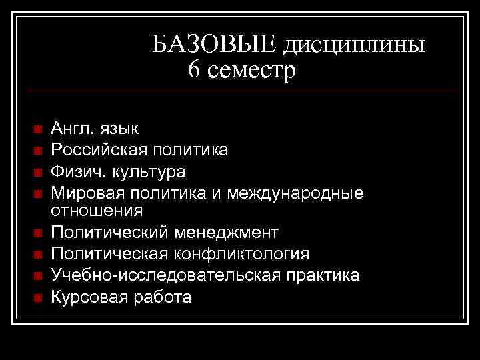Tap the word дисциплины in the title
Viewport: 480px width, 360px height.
click(x=354, y=45)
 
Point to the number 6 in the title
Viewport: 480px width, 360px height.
click(x=194, y=69)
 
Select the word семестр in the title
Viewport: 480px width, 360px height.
click(x=251, y=70)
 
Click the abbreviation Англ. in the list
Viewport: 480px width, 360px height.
click(x=73, y=128)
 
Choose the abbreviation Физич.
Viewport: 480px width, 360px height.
click(x=75, y=171)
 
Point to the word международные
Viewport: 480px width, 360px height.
click(x=295, y=194)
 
